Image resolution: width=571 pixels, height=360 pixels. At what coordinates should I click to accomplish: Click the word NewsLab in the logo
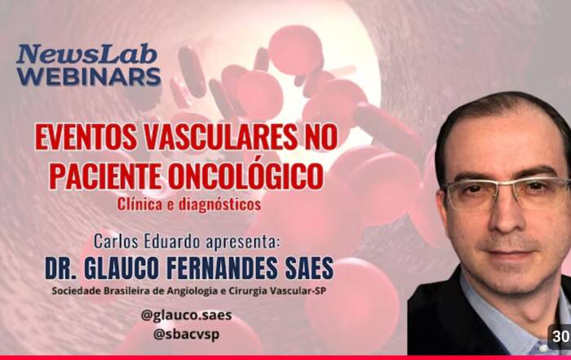pyautogui.click(x=87, y=55)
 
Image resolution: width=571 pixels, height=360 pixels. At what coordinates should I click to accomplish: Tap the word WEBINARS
pyautogui.click(x=88, y=77)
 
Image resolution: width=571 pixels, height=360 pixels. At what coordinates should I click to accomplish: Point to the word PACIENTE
pyautogui.click(x=105, y=176)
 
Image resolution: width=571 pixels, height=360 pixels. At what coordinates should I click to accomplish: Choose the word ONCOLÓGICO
pyautogui.click(x=246, y=176)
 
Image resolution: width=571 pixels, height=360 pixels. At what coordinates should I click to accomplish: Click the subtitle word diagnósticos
pyautogui.click(x=219, y=204)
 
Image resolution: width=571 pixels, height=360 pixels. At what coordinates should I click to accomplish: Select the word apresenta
pyautogui.click(x=243, y=242)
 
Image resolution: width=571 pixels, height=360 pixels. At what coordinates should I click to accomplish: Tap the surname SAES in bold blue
pyautogui.click(x=309, y=269)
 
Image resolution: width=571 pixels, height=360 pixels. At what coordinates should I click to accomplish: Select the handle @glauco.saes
pyautogui.click(x=187, y=315)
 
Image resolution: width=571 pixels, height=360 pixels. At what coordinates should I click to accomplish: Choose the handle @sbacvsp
pyautogui.click(x=187, y=334)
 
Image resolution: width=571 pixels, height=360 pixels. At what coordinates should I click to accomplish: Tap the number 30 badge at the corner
pyautogui.click(x=560, y=336)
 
